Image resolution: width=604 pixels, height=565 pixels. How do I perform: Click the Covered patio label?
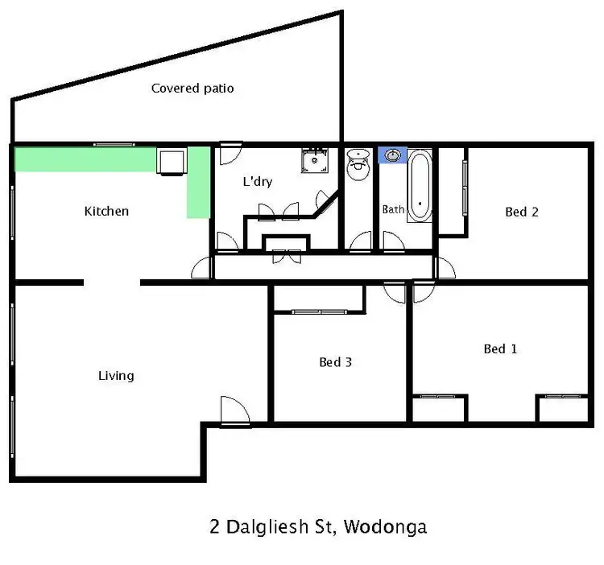[x=192, y=89]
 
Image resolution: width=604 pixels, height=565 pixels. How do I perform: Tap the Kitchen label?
[x=106, y=212]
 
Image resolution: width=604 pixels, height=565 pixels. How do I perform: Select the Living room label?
[x=116, y=376]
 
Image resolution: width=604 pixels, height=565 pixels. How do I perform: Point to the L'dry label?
[x=258, y=182]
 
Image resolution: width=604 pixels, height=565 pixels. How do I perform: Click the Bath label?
[x=393, y=210]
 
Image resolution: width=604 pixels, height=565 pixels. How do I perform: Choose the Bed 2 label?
[x=521, y=212]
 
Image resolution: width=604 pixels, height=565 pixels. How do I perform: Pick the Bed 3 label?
[x=336, y=362]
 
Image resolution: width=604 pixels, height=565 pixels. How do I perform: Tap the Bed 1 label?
[x=500, y=349]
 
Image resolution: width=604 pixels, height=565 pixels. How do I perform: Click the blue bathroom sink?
[x=393, y=155]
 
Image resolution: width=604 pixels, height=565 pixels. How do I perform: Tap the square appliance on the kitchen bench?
[x=172, y=161]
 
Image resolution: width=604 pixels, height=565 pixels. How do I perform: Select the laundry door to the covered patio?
[x=229, y=151]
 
